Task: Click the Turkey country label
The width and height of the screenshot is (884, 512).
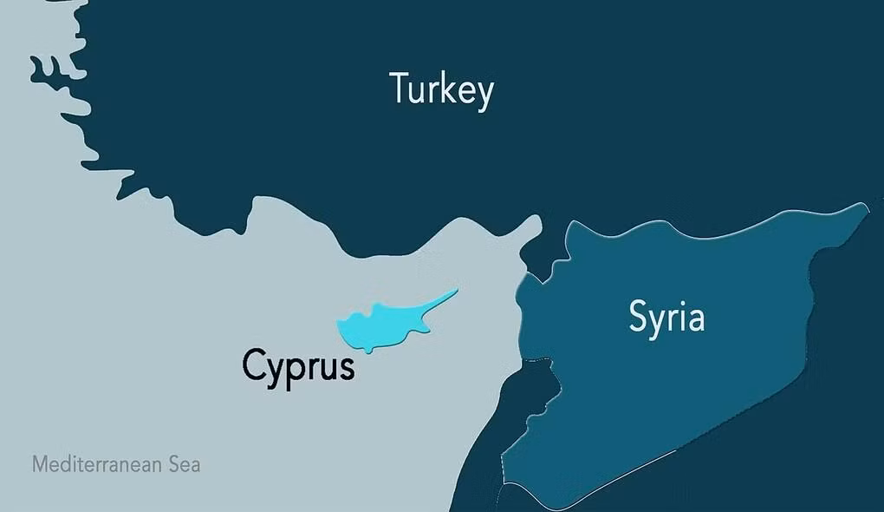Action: point(441,89)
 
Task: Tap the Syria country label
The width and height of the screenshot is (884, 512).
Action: point(666,318)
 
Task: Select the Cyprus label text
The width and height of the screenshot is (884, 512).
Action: point(298,365)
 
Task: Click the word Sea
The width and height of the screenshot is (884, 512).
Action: point(184,464)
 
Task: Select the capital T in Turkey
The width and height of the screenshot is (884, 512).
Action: point(400,88)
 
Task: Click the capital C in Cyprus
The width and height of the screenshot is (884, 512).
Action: point(253,364)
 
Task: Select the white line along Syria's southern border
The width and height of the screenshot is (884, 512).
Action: point(607,476)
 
